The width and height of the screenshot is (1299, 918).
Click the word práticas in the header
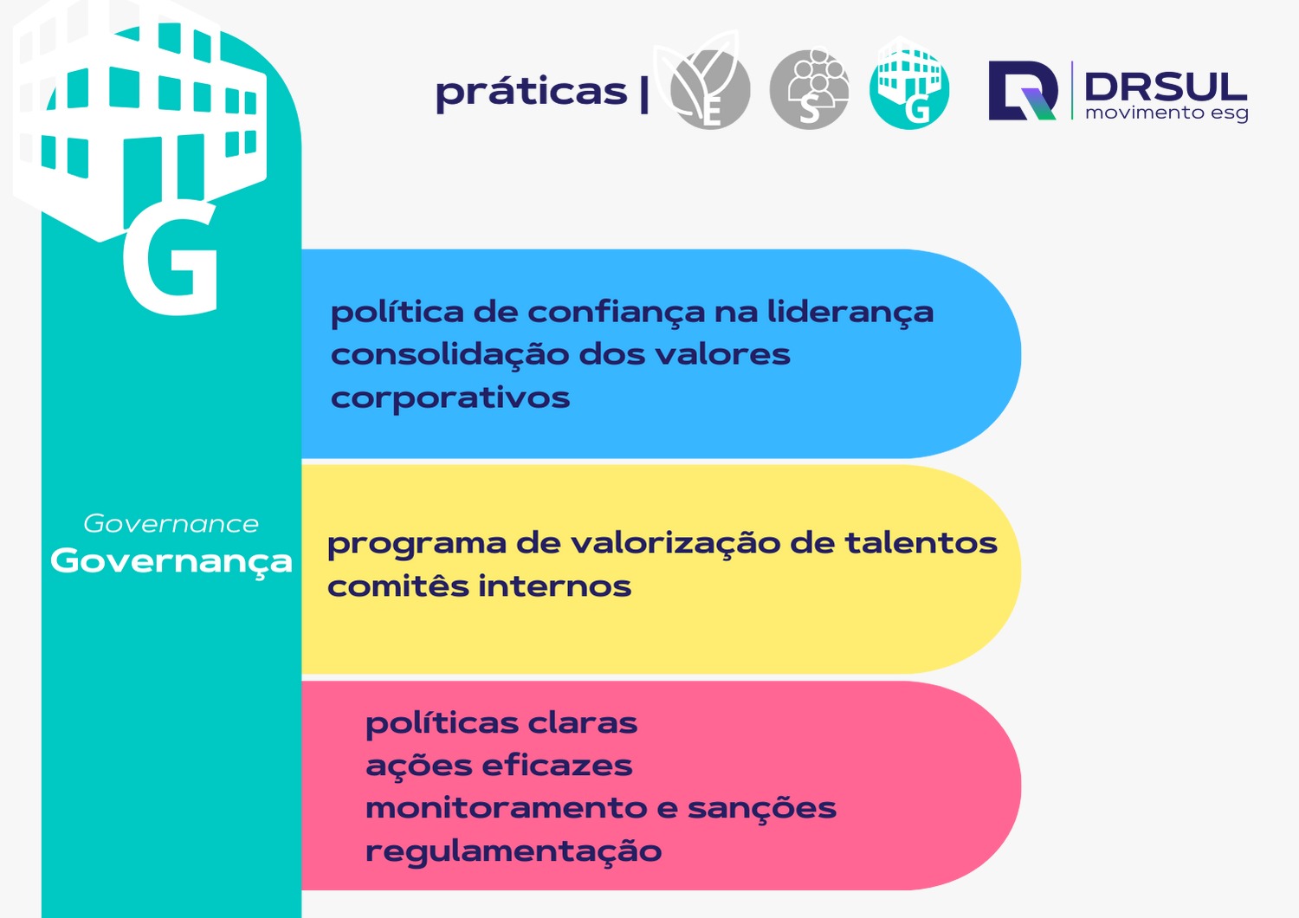coord(531,92)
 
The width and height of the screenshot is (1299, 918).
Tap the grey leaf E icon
coord(709,88)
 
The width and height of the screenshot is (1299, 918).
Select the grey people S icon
coord(809,89)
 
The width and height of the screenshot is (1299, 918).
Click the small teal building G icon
coord(908,87)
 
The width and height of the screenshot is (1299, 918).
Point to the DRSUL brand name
coord(1165,86)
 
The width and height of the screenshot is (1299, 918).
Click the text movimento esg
coord(1166,113)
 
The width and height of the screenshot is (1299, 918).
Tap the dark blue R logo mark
coord(1023,90)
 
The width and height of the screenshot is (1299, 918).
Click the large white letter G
coord(171,259)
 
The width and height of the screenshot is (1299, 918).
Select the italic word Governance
coord(171,524)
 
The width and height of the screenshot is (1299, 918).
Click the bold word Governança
coord(171,560)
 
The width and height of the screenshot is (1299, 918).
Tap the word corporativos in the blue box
coord(450,398)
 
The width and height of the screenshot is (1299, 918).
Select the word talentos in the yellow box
coord(921,543)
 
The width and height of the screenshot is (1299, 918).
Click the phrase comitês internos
coord(479,586)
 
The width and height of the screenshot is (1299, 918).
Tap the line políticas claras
coord(501,722)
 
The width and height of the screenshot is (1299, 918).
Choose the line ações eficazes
coord(499,766)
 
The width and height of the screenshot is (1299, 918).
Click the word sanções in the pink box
coord(762,808)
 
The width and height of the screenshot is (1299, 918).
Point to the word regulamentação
coord(514,850)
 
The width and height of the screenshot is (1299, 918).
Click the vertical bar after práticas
coord(644,94)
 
